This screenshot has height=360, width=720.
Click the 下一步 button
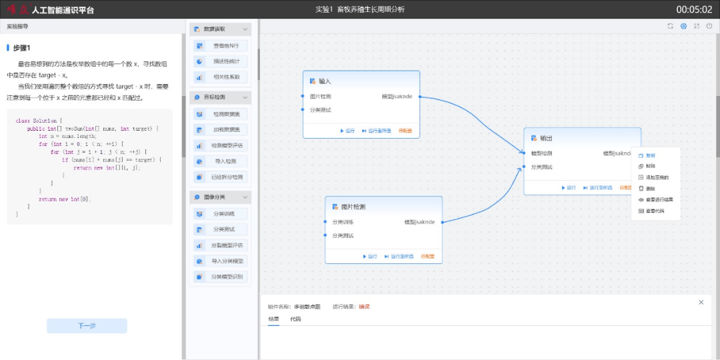87,326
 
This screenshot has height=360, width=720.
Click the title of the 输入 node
325,81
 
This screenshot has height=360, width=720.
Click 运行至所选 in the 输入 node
377,131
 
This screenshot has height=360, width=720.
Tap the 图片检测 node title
353,207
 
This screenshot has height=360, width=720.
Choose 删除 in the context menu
651,189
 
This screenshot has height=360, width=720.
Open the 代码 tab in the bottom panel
295,319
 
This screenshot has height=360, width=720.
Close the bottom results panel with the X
701,303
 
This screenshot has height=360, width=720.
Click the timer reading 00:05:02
694,9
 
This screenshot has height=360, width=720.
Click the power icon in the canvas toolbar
709,26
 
